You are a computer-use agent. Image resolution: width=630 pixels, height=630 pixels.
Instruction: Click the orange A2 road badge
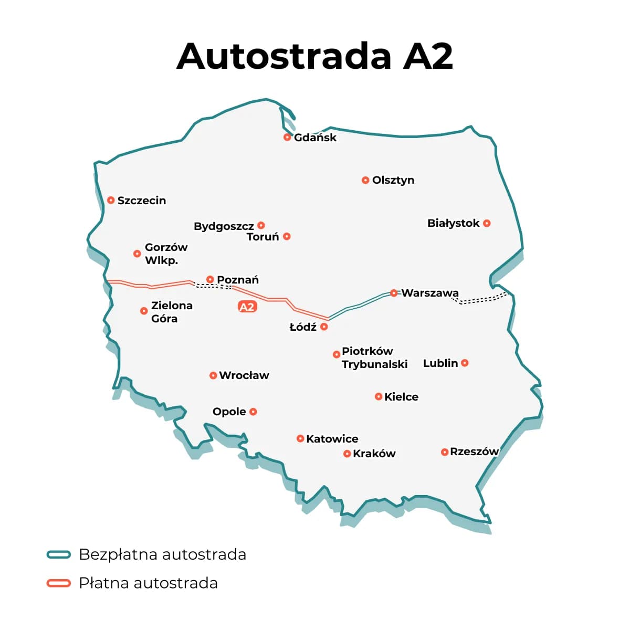[247, 307]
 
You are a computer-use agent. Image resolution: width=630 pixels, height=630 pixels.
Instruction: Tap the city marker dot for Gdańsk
[287, 137]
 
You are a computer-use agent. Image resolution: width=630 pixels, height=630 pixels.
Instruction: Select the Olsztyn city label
[393, 180]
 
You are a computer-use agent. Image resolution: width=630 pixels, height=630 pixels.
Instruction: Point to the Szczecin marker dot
[111, 200]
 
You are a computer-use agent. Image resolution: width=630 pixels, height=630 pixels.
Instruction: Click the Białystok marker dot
[487, 223]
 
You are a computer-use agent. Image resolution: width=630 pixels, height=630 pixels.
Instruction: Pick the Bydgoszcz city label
[224, 226]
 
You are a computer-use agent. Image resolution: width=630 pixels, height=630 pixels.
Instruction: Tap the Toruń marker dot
[287, 236]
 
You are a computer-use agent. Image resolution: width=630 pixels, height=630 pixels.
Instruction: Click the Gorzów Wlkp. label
[165, 254]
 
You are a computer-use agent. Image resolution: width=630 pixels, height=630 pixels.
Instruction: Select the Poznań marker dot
[210, 279]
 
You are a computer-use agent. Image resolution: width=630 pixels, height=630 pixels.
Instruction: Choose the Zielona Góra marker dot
[144, 311]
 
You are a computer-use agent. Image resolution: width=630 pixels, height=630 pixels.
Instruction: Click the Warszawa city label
[430, 293]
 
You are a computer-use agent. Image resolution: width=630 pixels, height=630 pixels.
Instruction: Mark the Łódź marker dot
[324, 327]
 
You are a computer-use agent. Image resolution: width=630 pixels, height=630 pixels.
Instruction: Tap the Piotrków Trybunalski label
[374, 358]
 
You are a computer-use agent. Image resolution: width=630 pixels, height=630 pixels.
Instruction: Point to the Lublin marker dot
[465, 363]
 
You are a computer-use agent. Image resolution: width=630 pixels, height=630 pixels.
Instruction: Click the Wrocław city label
[244, 375]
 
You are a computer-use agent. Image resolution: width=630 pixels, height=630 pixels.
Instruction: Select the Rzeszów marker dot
[445, 452]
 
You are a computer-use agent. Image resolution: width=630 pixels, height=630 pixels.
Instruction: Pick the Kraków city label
[374, 454]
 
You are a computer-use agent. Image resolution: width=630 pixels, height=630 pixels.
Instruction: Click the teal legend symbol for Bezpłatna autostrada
[58, 554]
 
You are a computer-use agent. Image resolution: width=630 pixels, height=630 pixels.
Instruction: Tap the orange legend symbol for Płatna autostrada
[58, 583]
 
